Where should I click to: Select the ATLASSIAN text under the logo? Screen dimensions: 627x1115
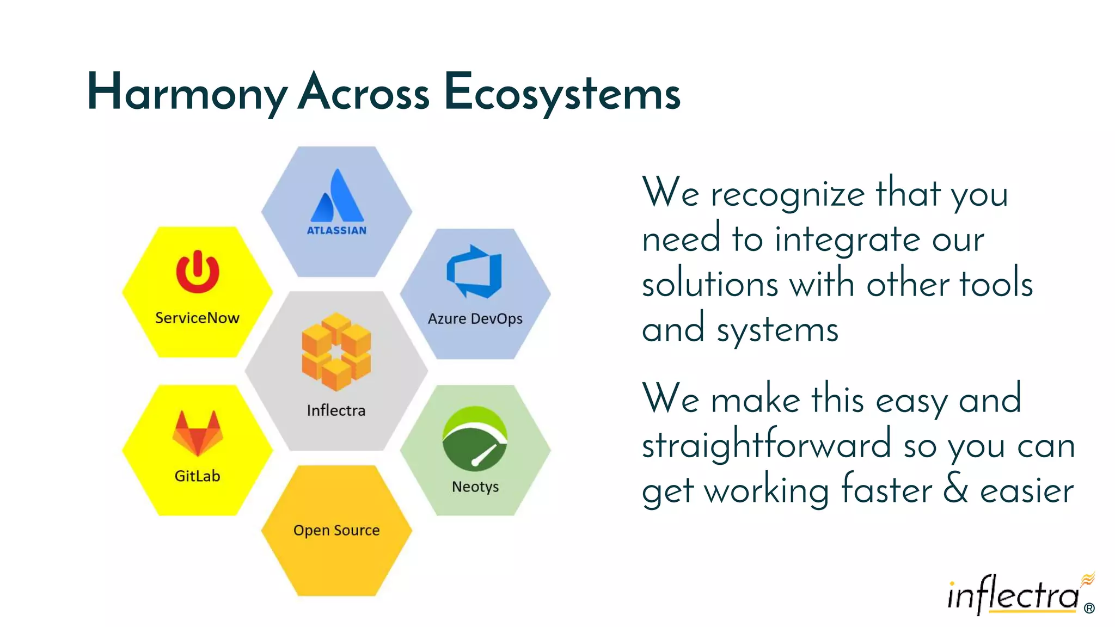[336, 231]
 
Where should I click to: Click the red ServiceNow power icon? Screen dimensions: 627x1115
[198, 272]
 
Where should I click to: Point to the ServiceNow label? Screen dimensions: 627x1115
[197, 318]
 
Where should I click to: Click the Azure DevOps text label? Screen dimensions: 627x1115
[475, 318]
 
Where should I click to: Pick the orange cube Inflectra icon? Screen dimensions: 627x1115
[336, 352]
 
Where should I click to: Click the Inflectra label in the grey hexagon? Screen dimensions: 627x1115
[336, 410]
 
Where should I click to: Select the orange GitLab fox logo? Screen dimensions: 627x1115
[198, 433]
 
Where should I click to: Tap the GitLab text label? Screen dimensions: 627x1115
[197, 476]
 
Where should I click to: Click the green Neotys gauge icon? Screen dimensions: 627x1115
[475, 439]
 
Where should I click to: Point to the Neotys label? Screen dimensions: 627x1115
[475, 487]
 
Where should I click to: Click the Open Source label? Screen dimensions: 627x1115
[336, 530]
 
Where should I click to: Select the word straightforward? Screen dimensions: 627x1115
[767, 445]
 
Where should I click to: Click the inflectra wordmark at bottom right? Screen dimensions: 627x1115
[1013, 596]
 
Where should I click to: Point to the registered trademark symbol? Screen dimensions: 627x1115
[1089, 608]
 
